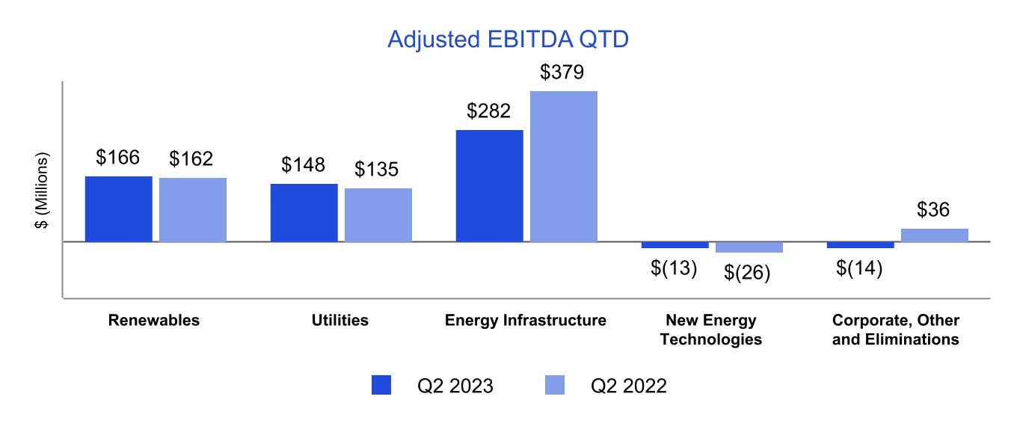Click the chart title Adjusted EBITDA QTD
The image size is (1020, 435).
[508, 40]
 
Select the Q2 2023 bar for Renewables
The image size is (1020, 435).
[119, 209]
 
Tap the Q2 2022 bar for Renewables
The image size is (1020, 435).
[193, 210]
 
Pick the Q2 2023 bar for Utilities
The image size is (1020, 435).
[304, 213]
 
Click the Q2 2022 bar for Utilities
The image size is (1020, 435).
[378, 215]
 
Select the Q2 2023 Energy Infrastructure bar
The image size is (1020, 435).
[489, 186]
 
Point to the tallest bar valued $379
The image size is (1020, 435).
[564, 167]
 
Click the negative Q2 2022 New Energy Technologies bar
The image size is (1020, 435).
[749, 247]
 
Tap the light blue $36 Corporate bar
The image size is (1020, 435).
[934, 235]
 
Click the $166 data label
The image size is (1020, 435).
[118, 158]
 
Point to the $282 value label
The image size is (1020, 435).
[488, 111]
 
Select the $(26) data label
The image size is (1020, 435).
[747, 274]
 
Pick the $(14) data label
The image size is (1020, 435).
[859, 268]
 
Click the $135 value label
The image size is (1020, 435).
[378, 170]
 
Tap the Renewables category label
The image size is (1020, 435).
[154, 321]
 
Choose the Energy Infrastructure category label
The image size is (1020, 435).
[525, 321]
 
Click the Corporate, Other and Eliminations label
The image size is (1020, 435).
[896, 330]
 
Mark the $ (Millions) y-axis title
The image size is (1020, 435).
[43, 191]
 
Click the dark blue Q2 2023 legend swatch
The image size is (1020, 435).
[381, 386]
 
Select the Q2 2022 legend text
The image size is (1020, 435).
[628, 386]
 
